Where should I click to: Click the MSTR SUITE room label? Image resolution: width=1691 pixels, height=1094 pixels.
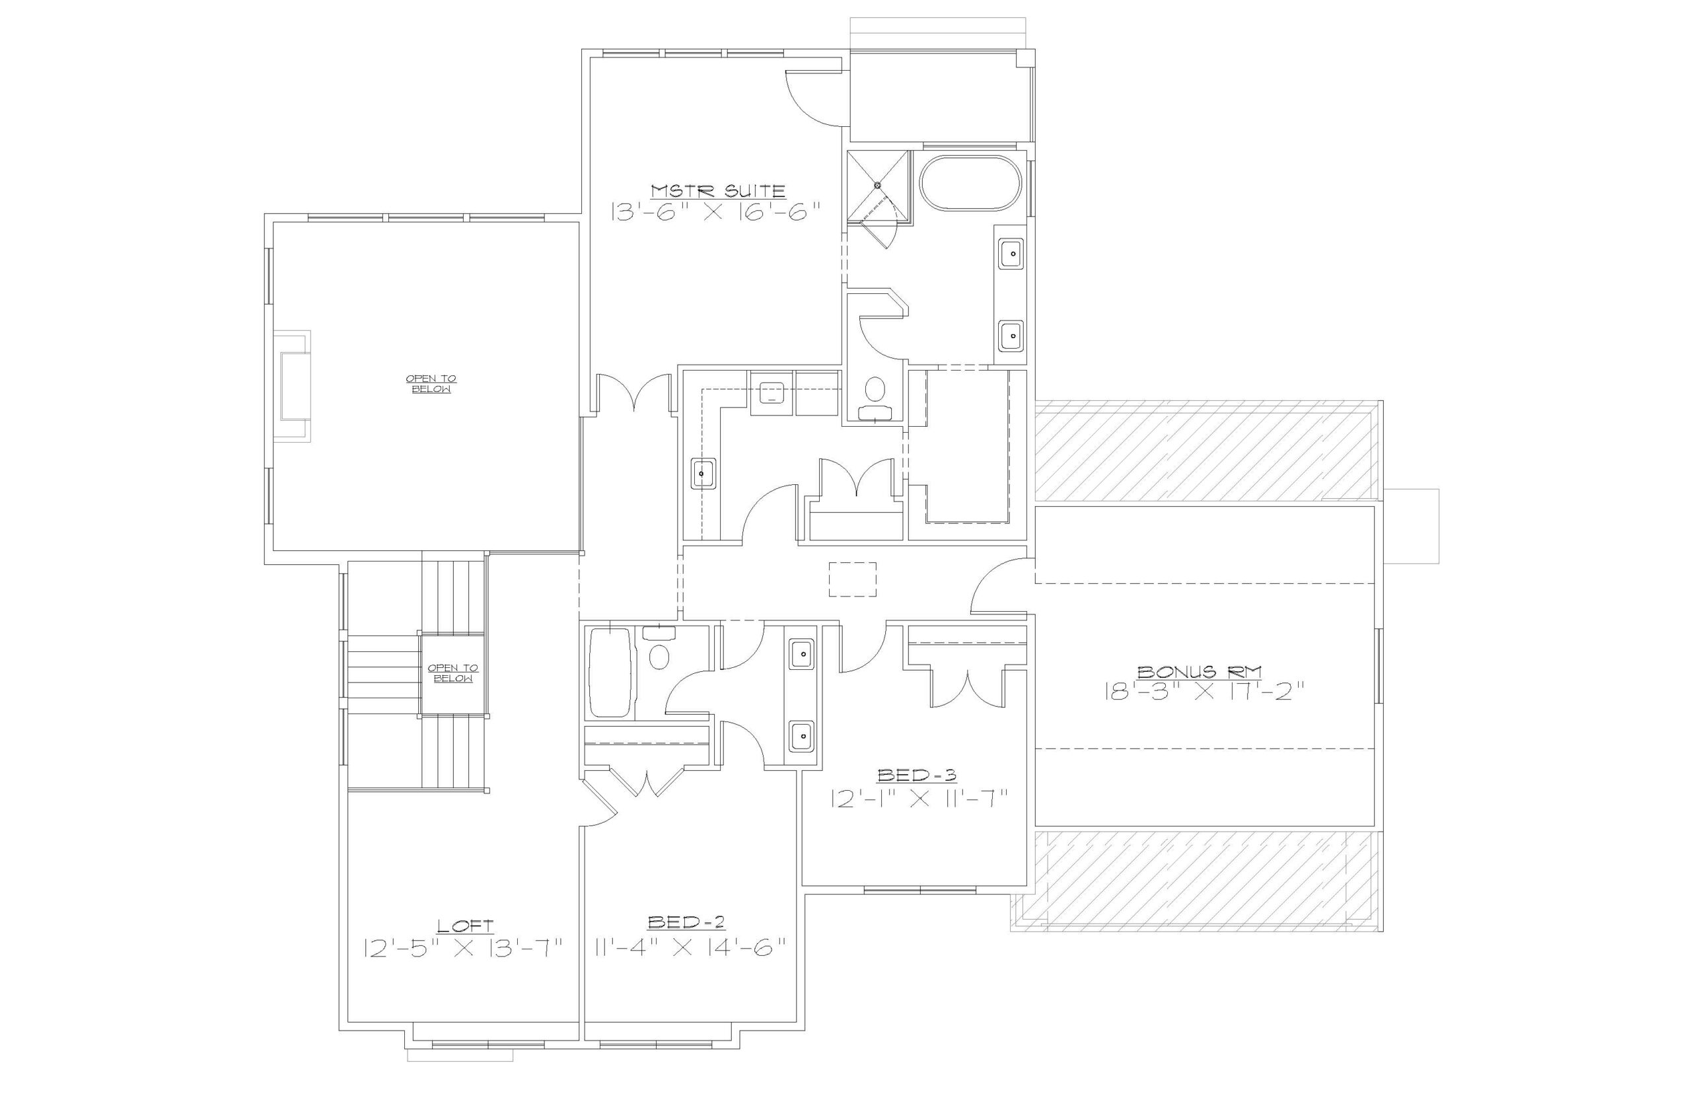(x=718, y=190)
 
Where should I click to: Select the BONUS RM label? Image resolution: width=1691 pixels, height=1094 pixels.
(x=1200, y=671)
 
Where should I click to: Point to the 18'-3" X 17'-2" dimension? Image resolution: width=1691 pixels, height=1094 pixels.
(x=1205, y=692)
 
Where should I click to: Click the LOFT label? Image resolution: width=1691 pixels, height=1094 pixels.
(x=464, y=926)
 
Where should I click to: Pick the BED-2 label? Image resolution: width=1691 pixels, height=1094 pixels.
(x=686, y=922)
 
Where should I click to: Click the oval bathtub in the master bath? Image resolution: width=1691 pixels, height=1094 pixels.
(x=970, y=182)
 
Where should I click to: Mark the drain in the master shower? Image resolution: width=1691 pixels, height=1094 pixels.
(x=877, y=186)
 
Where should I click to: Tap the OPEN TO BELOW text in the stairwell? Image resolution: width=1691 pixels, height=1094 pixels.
(x=453, y=673)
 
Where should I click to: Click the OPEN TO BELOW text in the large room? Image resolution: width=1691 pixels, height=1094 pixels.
(x=431, y=384)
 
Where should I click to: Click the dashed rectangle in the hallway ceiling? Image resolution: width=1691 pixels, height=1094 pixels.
(x=852, y=579)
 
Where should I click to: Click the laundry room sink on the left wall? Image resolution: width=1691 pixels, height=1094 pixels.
(x=703, y=473)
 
